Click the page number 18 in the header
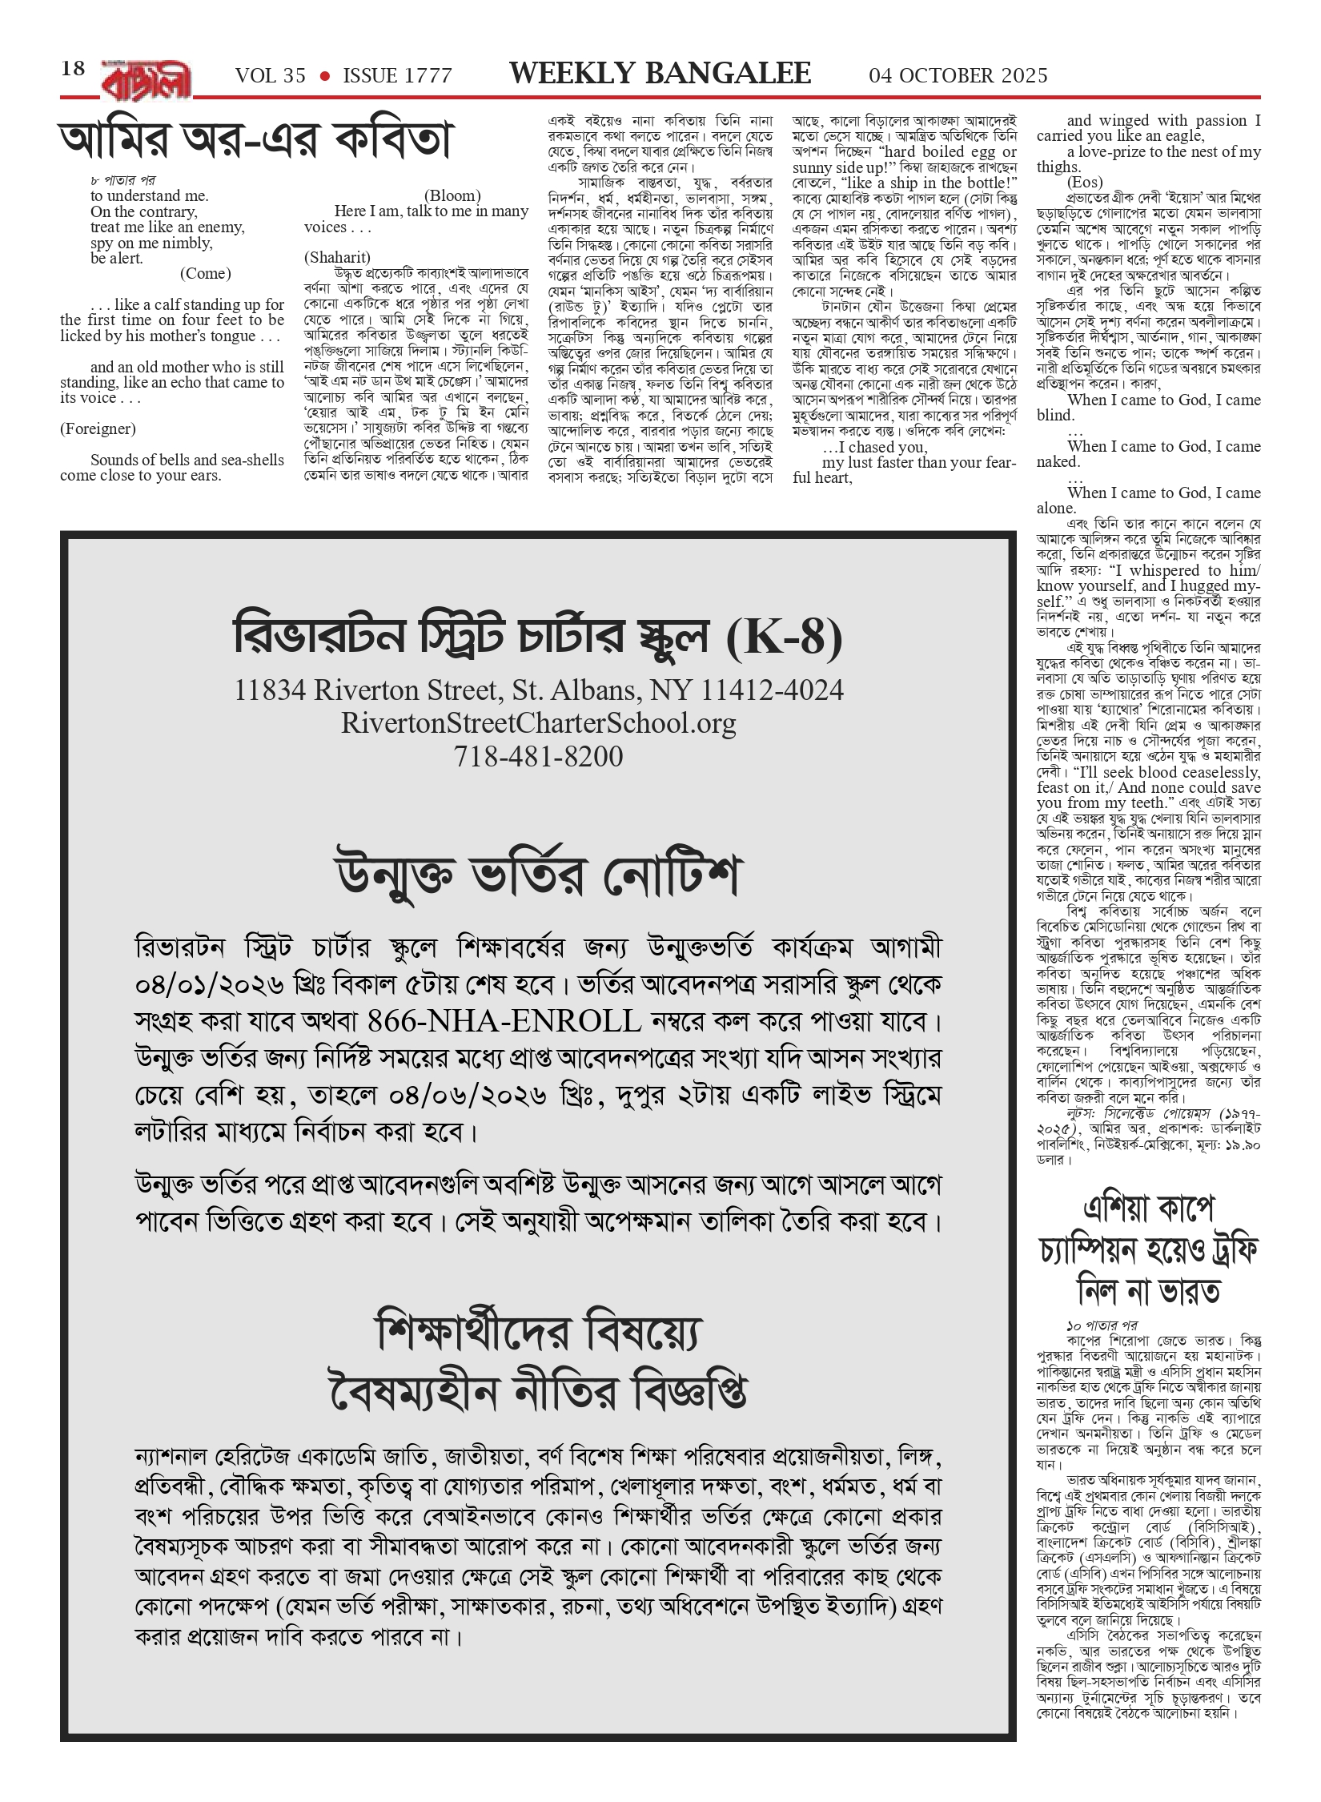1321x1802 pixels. tap(73, 69)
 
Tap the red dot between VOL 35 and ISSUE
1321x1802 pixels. tap(324, 76)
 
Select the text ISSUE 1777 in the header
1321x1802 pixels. tap(397, 76)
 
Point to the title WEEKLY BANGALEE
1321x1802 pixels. tap(660, 74)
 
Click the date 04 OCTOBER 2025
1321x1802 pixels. tap(958, 76)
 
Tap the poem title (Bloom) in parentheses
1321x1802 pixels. tap(452, 195)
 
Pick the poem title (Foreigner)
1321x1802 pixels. tap(98, 428)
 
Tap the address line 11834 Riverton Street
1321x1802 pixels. tap(538, 690)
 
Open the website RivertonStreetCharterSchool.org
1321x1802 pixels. tap(538, 723)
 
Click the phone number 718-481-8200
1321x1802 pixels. tap(538, 756)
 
